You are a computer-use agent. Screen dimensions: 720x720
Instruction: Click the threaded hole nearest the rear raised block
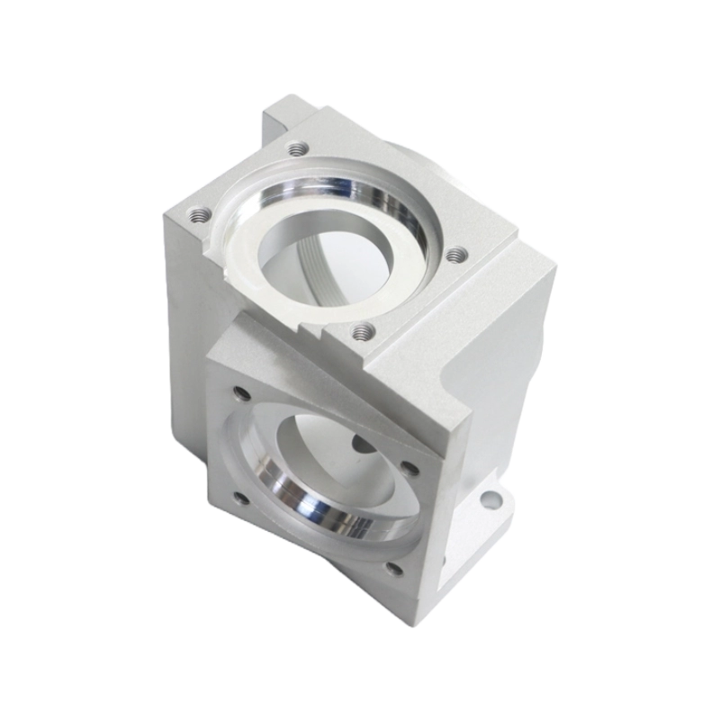pyautogui.click(x=295, y=149)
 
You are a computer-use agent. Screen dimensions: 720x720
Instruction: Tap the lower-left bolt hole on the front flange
pyautogui.click(x=238, y=498)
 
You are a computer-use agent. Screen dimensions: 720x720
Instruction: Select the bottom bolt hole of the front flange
pyautogui.click(x=394, y=565)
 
